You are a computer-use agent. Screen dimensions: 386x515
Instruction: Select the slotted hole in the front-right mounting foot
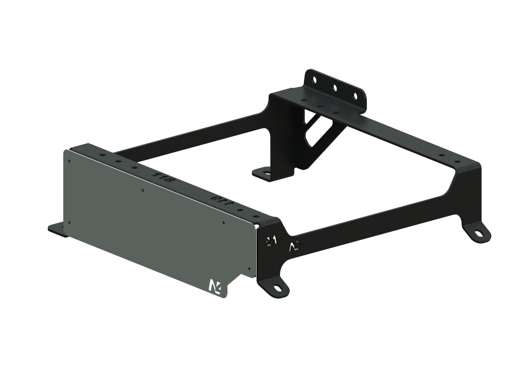pyautogui.click(x=277, y=288)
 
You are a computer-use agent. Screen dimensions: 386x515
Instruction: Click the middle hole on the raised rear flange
pyautogui.click(x=335, y=87)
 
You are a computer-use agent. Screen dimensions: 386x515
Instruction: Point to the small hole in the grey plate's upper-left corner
pyautogui.click(x=69, y=161)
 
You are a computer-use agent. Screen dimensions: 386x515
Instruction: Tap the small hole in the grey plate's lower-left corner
pyautogui.click(x=69, y=222)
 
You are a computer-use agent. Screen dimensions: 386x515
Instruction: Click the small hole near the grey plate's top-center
pyautogui.click(x=142, y=191)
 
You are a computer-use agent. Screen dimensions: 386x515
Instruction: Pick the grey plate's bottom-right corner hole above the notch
pyautogui.click(x=249, y=268)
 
